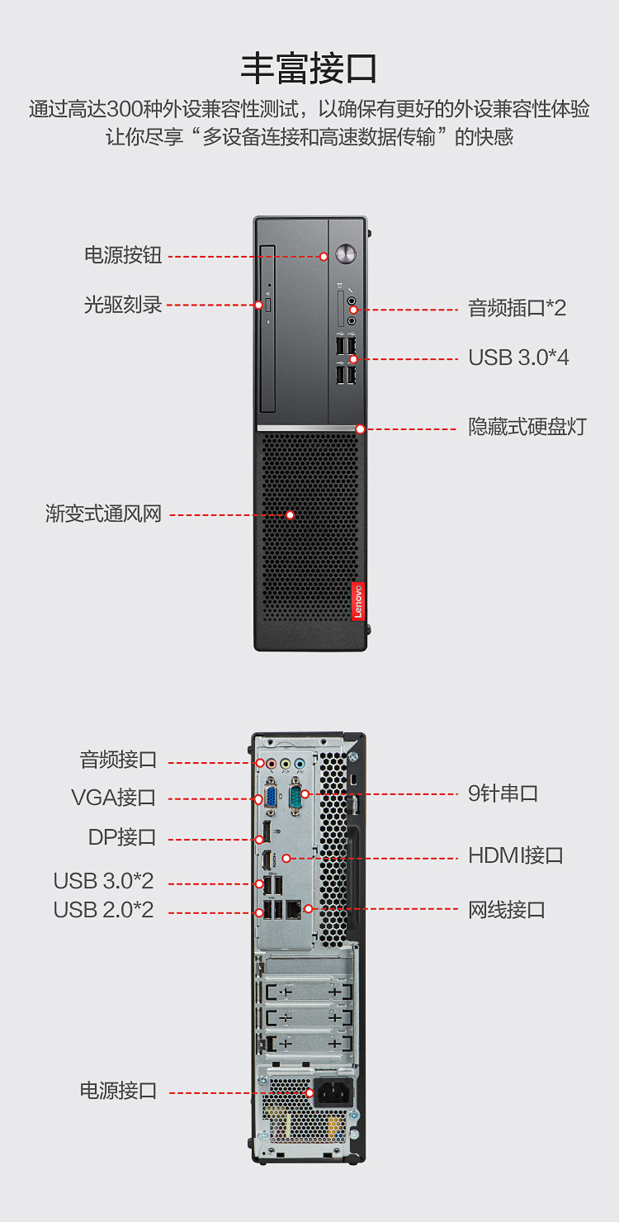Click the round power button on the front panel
346,253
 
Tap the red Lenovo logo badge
357,601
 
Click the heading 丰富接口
309,69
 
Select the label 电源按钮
123,255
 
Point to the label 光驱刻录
123,305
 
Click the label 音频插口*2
517,308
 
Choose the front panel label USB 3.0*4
518,358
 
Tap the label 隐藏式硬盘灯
527,427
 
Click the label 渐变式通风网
104,514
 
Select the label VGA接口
113,798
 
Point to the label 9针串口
503,793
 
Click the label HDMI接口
515,855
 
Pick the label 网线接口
507,910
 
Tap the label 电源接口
118,1091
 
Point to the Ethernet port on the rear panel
294,909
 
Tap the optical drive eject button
268,305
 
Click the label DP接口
122,837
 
